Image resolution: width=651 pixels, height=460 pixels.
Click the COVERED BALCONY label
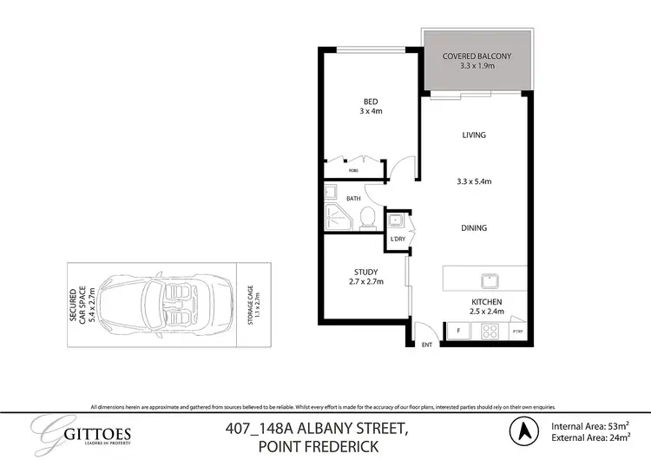pos(477,56)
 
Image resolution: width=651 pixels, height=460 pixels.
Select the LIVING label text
pos(474,135)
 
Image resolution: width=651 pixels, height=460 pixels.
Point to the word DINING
pos(474,228)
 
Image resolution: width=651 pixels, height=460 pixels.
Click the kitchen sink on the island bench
pos(488,279)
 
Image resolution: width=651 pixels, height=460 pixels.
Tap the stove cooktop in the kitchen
pos(490,331)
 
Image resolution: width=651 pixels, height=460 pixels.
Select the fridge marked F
pos(457,331)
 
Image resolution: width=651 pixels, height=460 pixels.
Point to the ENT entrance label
pos(426,345)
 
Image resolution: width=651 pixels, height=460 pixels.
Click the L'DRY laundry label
pos(398,239)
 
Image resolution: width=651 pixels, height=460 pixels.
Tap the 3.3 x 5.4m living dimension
pos(474,181)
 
